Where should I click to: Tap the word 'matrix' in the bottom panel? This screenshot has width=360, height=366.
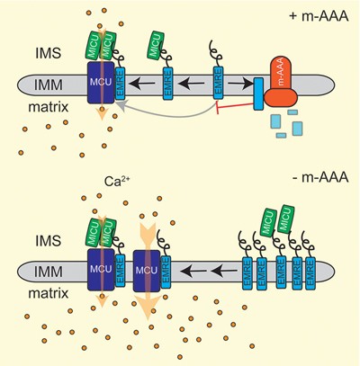tap(41, 296)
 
